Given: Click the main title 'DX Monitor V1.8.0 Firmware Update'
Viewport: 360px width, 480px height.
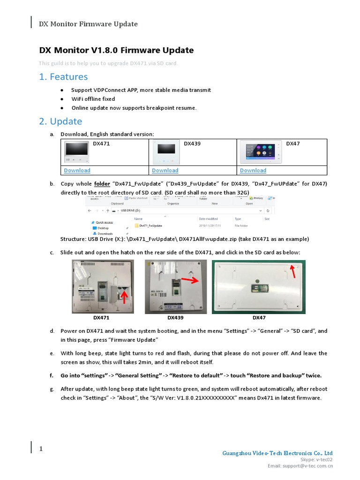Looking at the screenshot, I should coord(116,50).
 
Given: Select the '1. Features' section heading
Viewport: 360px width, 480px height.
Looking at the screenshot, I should coord(63,76).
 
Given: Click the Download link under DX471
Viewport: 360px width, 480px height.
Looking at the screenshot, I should coord(77,170).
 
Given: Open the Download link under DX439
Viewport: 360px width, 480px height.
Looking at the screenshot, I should coord(165,170).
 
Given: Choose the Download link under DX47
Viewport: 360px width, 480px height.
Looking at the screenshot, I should coord(253,170).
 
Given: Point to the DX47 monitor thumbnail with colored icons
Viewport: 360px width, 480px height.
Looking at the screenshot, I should coord(260,152).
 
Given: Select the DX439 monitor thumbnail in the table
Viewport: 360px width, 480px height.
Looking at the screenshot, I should coord(166,152).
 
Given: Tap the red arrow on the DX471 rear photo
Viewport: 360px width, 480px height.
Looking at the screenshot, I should coord(124,296).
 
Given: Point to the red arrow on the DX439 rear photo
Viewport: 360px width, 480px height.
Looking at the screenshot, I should coord(189,280).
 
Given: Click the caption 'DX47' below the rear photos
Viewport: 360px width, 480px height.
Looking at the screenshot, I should coord(259,317).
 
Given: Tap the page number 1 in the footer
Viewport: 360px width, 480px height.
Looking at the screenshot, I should coord(41,449).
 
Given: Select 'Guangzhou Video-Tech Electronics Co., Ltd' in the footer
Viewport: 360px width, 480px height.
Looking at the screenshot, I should coord(277,453).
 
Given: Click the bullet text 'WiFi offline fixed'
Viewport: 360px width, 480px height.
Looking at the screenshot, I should coord(93,99).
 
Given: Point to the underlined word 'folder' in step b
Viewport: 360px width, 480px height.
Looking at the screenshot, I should coord(102,184).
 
